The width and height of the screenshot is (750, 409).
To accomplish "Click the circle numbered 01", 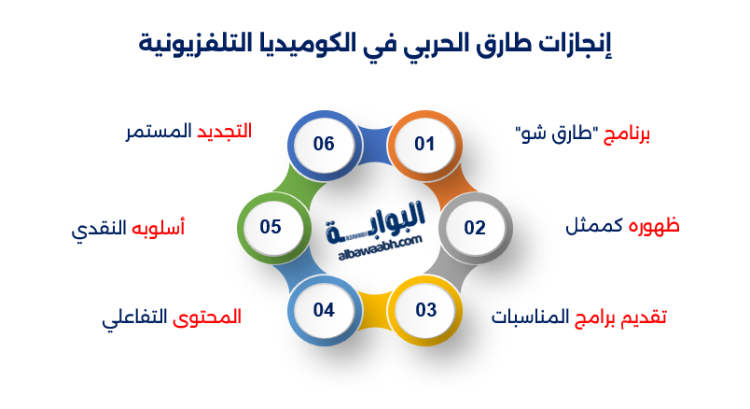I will tap(425, 144).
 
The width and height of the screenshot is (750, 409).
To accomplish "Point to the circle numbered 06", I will tap(324, 144).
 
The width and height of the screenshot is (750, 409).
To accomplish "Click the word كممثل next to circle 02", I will tap(596, 227).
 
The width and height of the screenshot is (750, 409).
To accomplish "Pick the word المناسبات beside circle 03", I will tap(529, 317).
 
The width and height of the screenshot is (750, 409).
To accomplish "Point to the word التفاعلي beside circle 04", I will tap(134, 317).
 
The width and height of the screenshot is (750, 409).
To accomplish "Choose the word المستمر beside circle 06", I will tap(155, 131).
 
